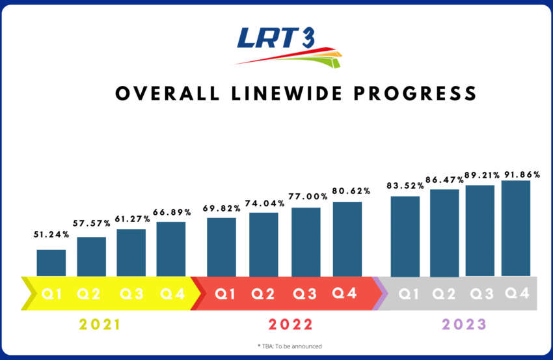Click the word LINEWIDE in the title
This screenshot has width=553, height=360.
click(284, 94)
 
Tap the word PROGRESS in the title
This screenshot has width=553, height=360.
click(416, 94)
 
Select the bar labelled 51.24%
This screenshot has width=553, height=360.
click(51, 263)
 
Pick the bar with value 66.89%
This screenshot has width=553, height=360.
click(171, 249)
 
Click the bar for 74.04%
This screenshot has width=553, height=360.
click(263, 244)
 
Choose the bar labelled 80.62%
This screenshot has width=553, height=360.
click(347, 239)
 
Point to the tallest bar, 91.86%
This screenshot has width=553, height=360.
click(516, 228)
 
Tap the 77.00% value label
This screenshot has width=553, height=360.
click(306, 197)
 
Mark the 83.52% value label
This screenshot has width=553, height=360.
click(405, 185)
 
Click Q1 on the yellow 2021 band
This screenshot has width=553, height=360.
click(52, 294)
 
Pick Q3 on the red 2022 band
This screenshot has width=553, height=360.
click(305, 294)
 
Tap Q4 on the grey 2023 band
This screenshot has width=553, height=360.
click(517, 294)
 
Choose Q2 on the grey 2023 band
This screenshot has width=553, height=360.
click(445, 294)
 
